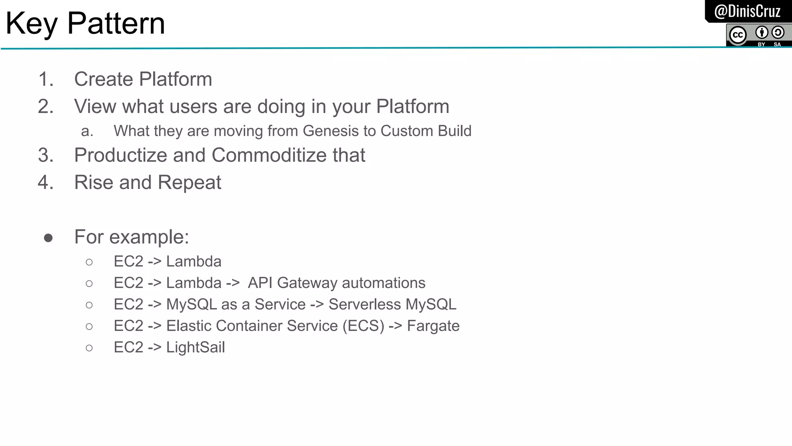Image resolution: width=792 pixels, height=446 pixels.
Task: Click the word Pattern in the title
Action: point(116,23)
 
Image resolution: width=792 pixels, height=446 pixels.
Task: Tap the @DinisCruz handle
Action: point(747,11)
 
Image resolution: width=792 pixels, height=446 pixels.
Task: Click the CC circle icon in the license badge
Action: point(738,35)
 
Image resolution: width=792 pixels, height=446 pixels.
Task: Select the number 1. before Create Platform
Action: point(46,79)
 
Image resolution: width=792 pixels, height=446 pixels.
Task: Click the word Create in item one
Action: point(104,79)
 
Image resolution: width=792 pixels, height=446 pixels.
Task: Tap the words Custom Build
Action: point(426,131)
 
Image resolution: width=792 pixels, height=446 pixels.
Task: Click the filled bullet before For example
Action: point(48,238)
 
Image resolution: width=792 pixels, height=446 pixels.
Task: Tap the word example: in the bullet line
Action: point(149,237)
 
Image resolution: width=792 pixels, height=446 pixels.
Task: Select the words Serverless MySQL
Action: point(392,305)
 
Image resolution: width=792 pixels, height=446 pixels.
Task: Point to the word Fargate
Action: point(433,326)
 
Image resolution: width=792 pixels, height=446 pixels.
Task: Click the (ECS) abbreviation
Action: point(363,326)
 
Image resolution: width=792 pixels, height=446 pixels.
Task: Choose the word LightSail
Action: point(195,347)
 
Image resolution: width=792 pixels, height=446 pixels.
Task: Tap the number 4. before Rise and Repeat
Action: point(46,182)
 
